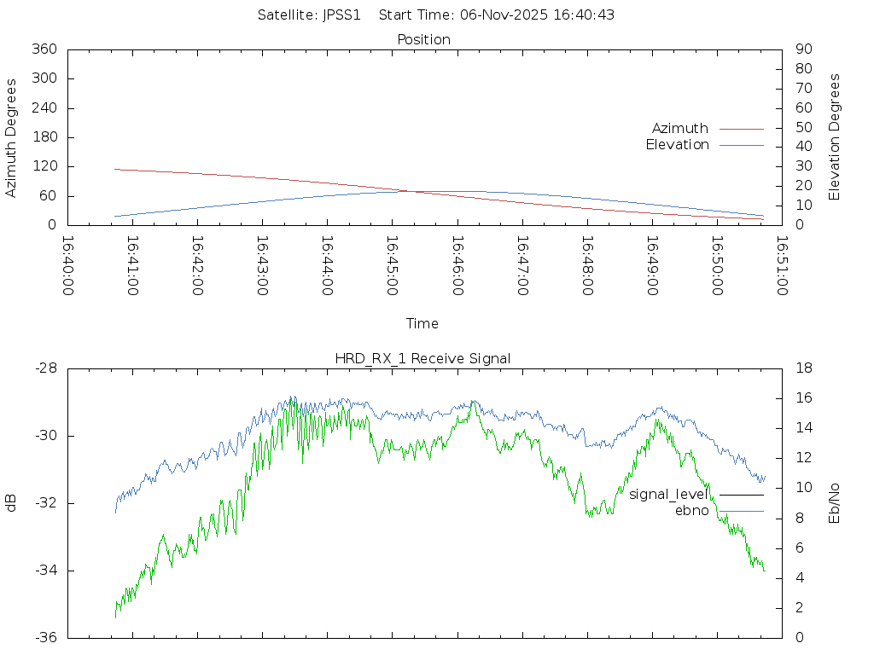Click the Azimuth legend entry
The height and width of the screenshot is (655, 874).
tap(680, 129)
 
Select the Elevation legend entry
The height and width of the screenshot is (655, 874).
tap(677, 145)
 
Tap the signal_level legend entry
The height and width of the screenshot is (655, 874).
tap(668, 495)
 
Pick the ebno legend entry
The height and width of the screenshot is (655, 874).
tap(691, 511)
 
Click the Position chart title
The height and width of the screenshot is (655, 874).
tap(424, 40)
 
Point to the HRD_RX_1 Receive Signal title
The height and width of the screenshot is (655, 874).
tap(423, 359)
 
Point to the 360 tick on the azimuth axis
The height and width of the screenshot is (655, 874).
tap(44, 49)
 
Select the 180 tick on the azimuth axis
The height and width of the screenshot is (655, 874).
tap(44, 137)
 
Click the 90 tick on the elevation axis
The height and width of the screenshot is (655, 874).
tap(803, 49)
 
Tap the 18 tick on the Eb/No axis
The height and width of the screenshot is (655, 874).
tap(803, 368)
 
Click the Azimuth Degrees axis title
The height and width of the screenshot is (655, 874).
tap(11, 137)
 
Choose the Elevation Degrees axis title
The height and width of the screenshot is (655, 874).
tap(835, 137)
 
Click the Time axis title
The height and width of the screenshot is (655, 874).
tap(422, 324)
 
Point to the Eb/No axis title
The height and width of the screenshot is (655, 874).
tap(835, 503)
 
